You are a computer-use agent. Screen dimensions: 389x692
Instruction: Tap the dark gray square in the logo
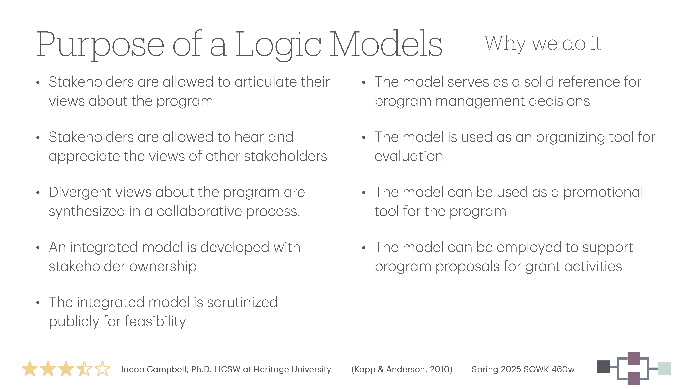click(603, 367)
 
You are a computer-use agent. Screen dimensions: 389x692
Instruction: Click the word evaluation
click(409, 156)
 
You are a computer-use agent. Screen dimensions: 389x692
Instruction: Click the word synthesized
click(87, 211)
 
